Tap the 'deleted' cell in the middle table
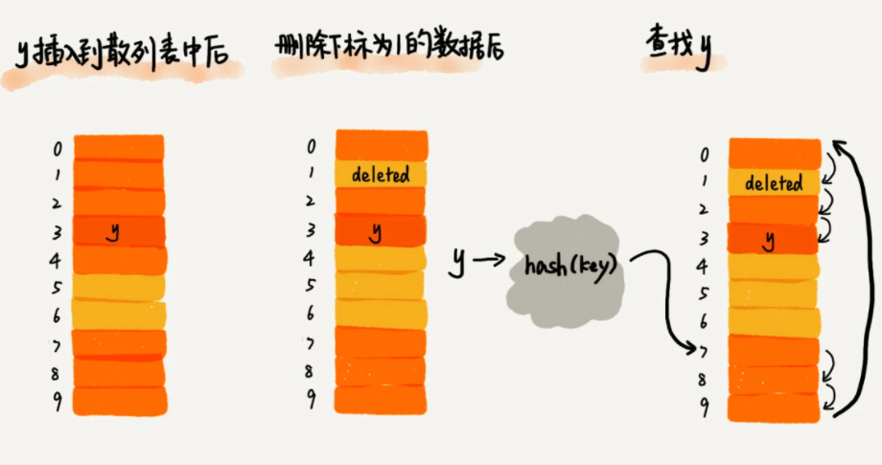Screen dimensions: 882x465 click(381, 174)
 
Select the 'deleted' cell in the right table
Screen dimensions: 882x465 click(774, 183)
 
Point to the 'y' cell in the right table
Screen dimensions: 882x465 click(774, 239)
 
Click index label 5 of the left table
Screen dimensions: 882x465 click(58, 287)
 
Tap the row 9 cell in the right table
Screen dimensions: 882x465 click(774, 407)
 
